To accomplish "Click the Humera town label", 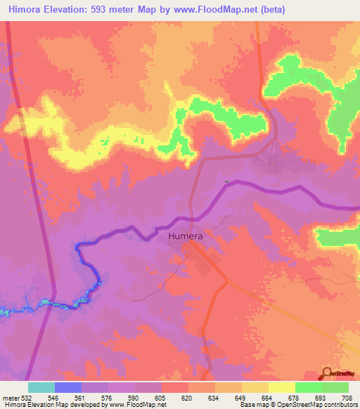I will [186, 236].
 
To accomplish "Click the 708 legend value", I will [347, 397].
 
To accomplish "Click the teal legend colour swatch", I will [41, 387].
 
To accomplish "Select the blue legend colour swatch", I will [68, 387].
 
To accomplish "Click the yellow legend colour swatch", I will [281, 387].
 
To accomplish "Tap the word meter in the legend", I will [7, 397].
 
